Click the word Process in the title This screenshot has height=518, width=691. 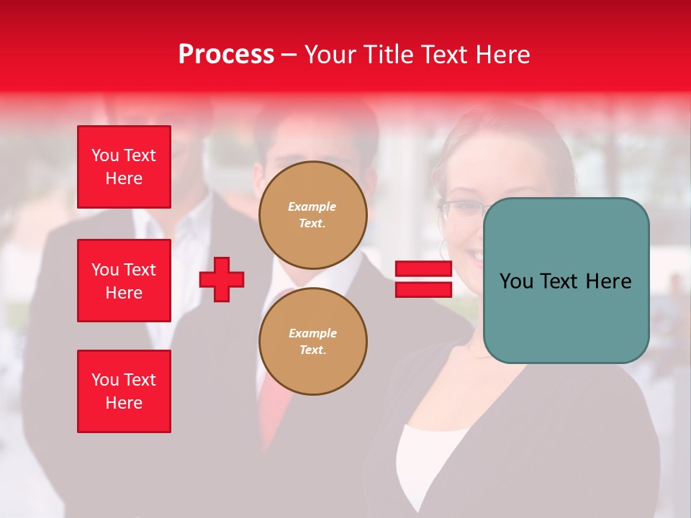pyautogui.click(x=226, y=55)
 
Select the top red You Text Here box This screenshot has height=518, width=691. pyautogui.click(x=124, y=167)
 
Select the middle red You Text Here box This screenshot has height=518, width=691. pyautogui.click(x=124, y=281)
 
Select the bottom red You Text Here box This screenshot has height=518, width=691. pyautogui.click(x=124, y=391)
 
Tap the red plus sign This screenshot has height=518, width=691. pyautogui.click(x=222, y=279)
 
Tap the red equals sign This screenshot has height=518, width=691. pyautogui.click(x=423, y=279)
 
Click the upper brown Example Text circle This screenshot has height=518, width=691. pyautogui.click(x=313, y=215)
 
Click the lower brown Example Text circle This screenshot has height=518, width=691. pyautogui.click(x=313, y=342)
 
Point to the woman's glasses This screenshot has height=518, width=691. pyautogui.click(x=461, y=209)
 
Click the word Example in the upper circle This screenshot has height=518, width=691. pyautogui.click(x=312, y=206)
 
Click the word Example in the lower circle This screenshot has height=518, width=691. pyautogui.click(x=312, y=333)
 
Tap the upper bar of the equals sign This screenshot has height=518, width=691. pyautogui.click(x=423, y=269)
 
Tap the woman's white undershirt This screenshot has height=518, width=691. pyautogui.click(x=425, y=460)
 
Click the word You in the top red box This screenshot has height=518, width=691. pyautogui.click(x=105, y=155)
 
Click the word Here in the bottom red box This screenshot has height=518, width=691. pyautogui.click(x=124, y=403)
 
